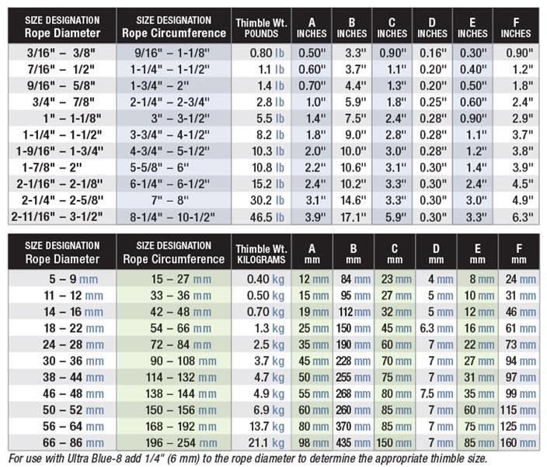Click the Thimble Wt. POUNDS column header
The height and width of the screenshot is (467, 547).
click(262, 26)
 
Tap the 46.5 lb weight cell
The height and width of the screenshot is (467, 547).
click(262, 217)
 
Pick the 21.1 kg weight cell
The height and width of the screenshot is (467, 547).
click(262, 443)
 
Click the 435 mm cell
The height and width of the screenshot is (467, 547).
click(354, 443)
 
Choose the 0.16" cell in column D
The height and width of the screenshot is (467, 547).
click(432, 52)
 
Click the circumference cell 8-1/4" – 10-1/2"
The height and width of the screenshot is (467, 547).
click(173, 217)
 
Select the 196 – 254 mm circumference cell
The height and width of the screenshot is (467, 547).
click(173, 443)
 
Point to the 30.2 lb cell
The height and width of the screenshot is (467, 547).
click(262, 200)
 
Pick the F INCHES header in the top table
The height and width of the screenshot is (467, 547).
click(515, 26)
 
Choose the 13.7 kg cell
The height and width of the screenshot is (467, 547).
click(262, 427)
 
